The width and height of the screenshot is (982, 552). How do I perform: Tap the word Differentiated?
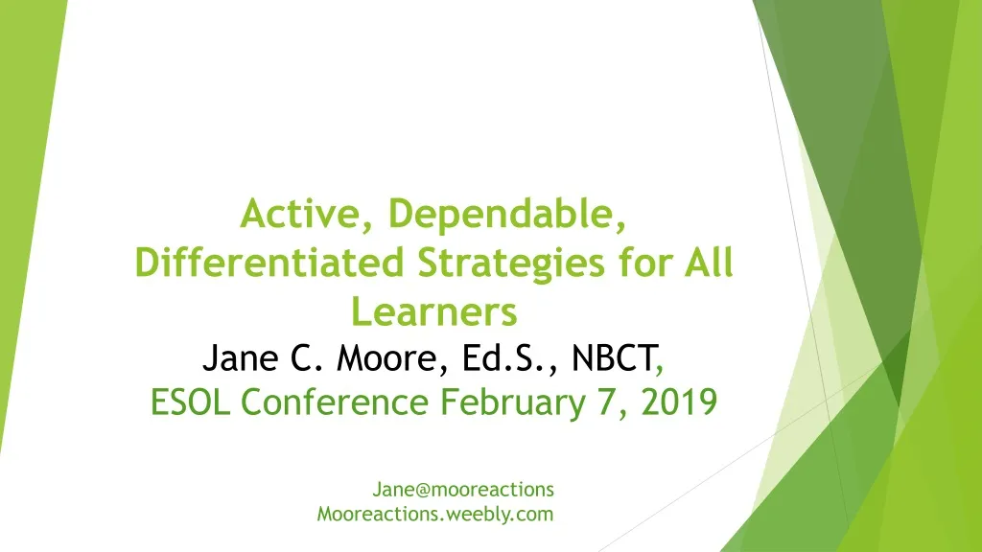click(x=269, y=263)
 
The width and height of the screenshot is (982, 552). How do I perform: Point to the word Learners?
click(x=434, y=311)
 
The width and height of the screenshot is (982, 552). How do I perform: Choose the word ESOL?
click(x=191, y=402)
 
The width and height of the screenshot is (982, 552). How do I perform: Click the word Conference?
click(x=335, y=402)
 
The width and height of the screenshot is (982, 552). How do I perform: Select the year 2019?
click(x=679, y=402)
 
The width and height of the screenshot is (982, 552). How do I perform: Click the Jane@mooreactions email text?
click(x=463, y=490)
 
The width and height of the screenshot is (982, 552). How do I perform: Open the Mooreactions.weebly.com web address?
click(x=435, y=515)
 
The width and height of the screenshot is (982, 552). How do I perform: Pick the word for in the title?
click(x=643, y=263)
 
